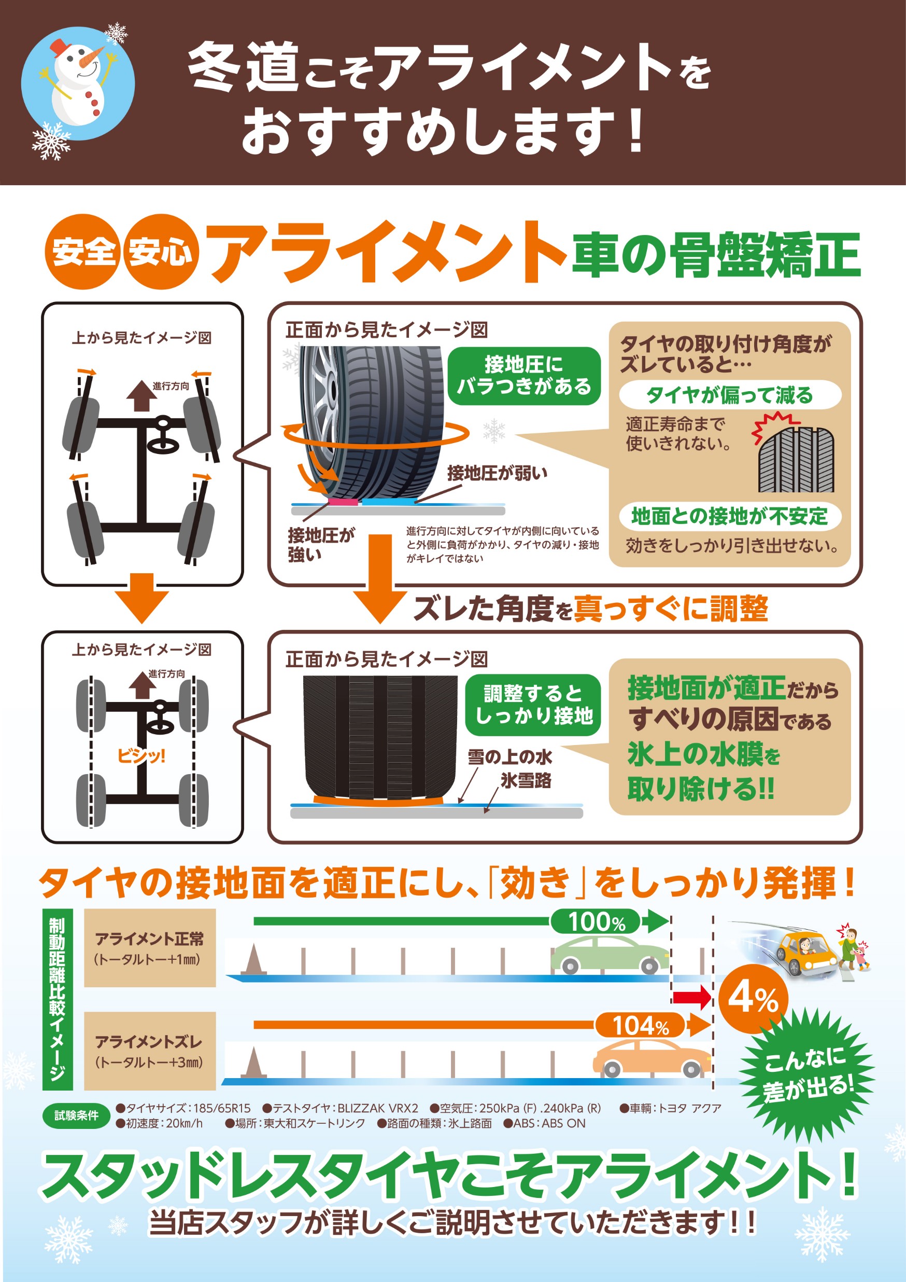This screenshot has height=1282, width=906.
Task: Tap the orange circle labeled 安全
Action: coord(82,251)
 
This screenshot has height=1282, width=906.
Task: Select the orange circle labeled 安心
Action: coord(161,251)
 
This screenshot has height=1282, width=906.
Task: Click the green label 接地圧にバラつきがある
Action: coord(524,376)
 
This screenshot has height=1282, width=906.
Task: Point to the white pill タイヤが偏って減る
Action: coord(730,395)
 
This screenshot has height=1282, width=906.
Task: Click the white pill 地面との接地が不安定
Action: coord(730,515)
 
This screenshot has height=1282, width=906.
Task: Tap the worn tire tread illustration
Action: coord(796,459)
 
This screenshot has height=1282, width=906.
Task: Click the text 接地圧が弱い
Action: coord(497,474)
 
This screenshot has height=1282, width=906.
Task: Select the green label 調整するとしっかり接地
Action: coord(533,705)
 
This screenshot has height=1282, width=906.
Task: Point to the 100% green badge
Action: coord(597,921)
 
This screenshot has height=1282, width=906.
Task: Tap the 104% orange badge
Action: coord(641,1025)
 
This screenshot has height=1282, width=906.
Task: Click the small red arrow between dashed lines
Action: coord(692,998)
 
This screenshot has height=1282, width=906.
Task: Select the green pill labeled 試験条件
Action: coord(76,1115)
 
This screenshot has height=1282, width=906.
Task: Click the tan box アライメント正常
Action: coord(149,948)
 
